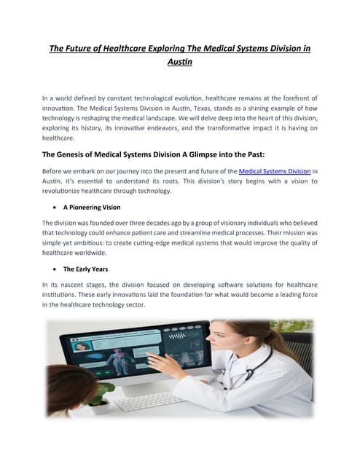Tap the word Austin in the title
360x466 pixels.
tap(179, 63)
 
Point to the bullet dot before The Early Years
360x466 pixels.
tap(55, 269)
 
